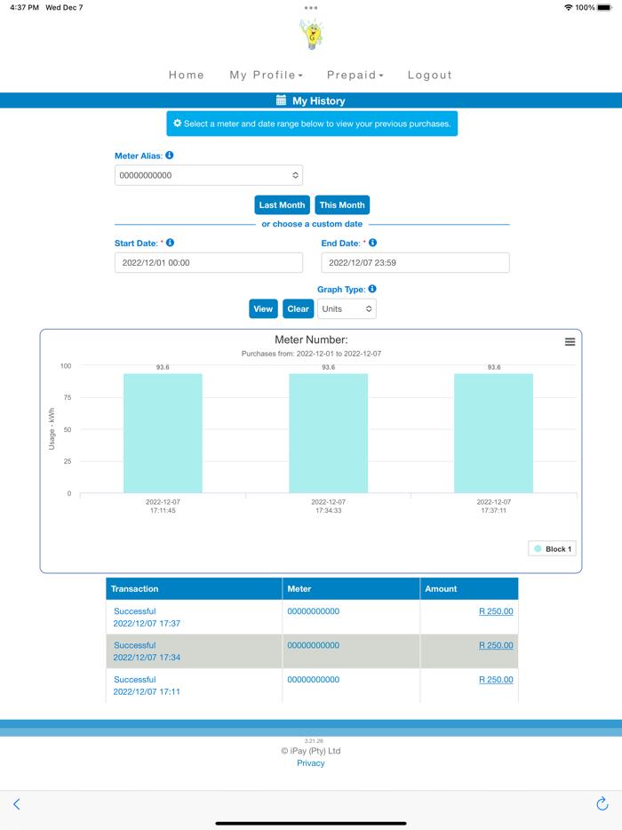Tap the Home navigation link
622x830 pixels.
(x=187, y=76)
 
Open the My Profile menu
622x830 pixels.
(x=266, y=76)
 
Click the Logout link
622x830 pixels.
(x=430, y=76)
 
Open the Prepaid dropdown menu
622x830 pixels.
(x=355, y=76)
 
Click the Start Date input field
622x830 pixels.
(x=209, y=263)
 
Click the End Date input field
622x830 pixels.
(x=415, y=263)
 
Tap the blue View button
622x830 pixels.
(x=263, y=309)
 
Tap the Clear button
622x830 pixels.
(x=298, y=309)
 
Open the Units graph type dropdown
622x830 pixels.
(x=347, y=309)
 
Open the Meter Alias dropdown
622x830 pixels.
(x=209, y=176)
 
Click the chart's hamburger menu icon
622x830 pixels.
(x=570, y=342)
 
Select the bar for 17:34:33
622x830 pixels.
(x=328, y=433)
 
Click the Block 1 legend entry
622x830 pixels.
(x=552, y=549)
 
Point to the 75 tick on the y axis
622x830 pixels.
(x=66, y=398)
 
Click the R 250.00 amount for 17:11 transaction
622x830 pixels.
(x=496, y=680)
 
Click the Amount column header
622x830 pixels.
(x=441, y=589)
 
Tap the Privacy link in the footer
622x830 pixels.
(x=311, y=763)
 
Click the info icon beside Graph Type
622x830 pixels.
(x=372, y=289)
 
